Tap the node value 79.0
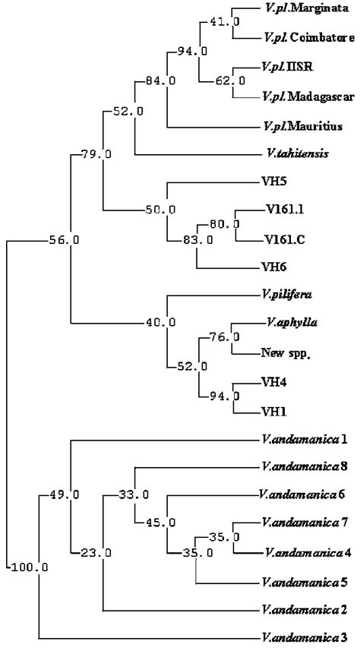coord(95,155)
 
